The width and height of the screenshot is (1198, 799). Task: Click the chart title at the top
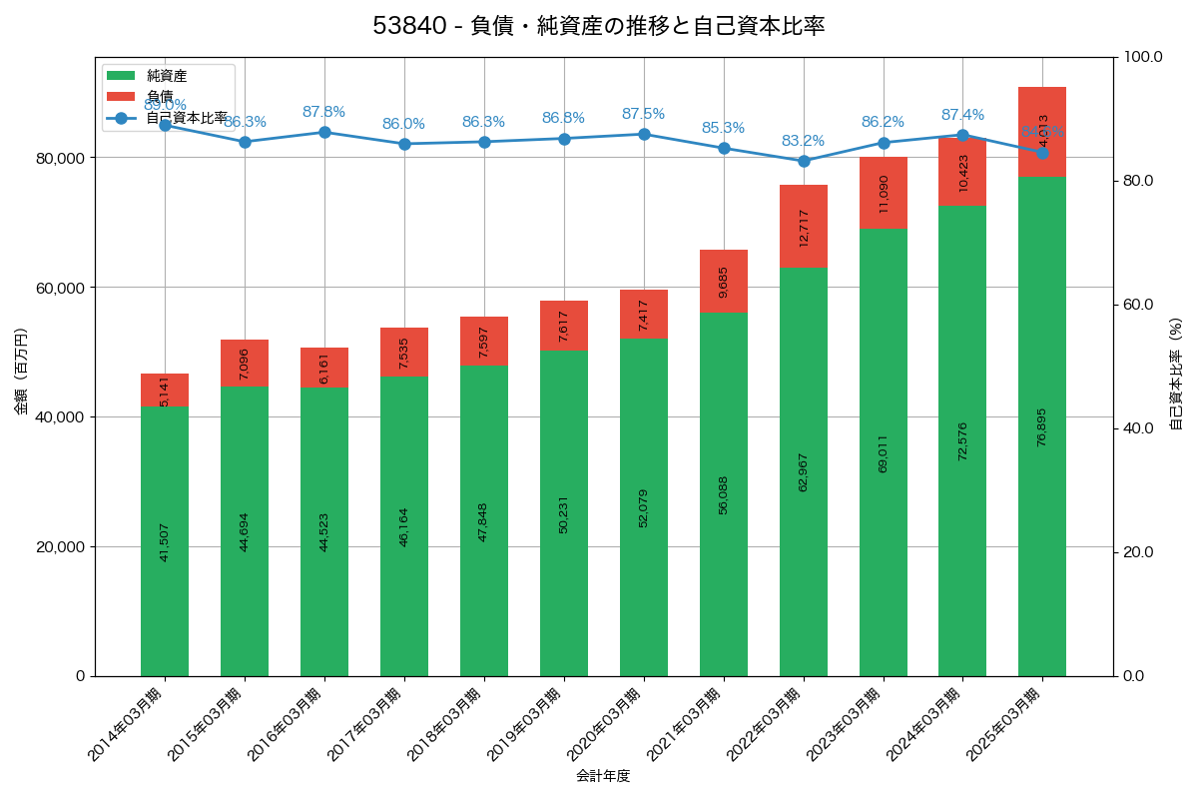point(599,26)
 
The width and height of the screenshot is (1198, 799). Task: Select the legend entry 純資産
point(166,76)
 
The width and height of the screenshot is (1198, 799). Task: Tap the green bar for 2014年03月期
point(165,540)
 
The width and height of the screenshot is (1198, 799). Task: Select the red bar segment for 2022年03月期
point(804,226)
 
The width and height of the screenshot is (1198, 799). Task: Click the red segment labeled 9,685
point(724,282)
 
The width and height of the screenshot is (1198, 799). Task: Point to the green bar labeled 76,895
point(1042,426)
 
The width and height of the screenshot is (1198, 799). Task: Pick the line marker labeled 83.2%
point(804,161)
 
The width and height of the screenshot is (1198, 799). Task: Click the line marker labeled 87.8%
point(324,132)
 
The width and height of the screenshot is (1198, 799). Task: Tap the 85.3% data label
point(724,128)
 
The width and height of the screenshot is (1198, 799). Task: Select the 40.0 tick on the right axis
point(1137,428)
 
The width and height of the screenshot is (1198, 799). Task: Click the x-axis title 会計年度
point(603,776)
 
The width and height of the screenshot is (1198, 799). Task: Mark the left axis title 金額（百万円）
point(21,372)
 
